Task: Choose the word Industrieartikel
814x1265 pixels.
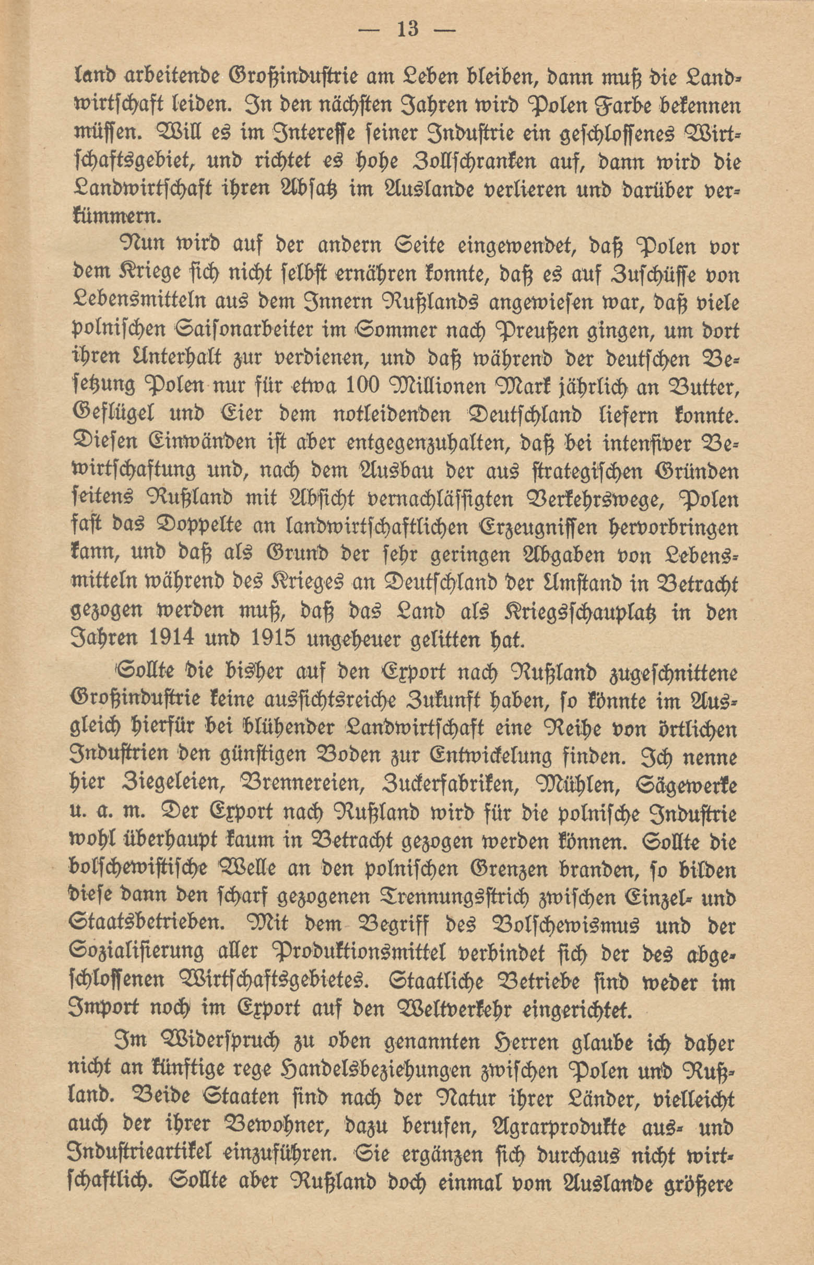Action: tap(143, 1155)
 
